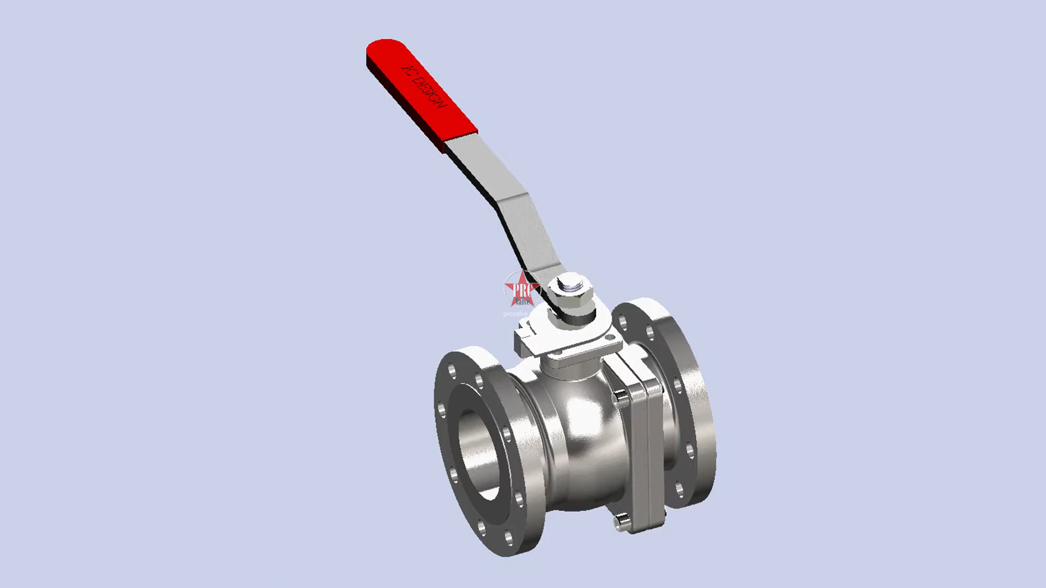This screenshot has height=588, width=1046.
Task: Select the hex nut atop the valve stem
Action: pyautogui.click(x=570, y=288)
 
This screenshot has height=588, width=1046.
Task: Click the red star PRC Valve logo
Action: pyautogui.click(x=521, y=289)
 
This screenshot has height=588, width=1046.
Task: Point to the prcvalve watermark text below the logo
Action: pyautogui.click(x=515, y=314)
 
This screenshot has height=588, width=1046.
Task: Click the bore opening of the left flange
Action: pyautogui.click(x=479, y=455)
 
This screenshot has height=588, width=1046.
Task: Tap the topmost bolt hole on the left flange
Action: pyautogui.click(x=452, y=371)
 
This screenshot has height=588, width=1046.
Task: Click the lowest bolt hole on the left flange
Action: pyautogui.click(x=508, y=538)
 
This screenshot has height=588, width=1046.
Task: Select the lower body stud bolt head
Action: pyautogui.click(x=621, y=523)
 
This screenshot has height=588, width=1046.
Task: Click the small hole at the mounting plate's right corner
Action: pyautogui.click(x=611, y=339)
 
